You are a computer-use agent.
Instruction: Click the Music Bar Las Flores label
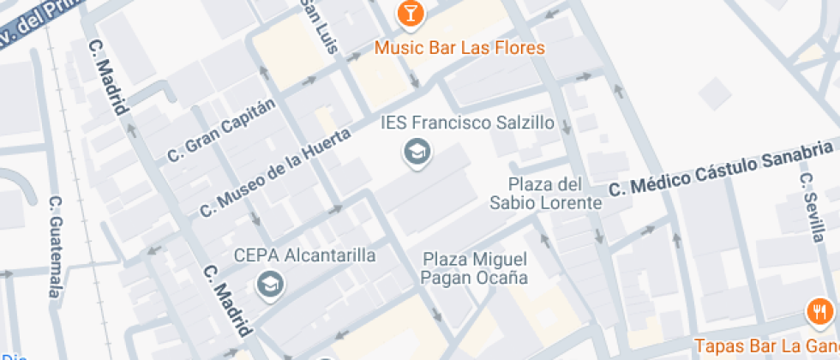459,47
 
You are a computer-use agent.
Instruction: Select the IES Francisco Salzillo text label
468,123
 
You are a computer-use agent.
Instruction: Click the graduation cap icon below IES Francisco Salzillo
417,153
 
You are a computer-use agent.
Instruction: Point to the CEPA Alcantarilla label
305,255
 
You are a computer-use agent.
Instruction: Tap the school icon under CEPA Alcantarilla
271,284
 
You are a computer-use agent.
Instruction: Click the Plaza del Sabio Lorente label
546,194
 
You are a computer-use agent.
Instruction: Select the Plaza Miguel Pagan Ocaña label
474,267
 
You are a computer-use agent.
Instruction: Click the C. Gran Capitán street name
222,130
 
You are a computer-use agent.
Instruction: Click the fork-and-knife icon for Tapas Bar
819,312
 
